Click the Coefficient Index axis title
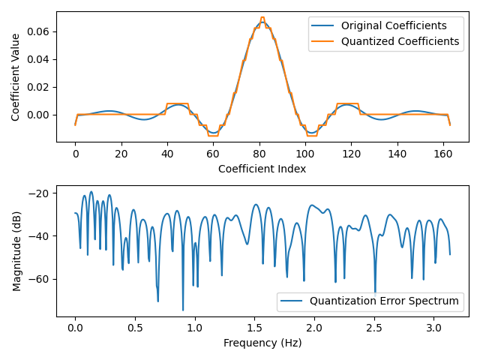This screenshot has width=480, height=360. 262,169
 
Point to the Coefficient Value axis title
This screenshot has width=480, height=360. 16,77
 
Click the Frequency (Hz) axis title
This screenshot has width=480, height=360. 262,343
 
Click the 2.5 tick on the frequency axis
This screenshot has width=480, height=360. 373,328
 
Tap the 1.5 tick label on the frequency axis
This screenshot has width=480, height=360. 254,328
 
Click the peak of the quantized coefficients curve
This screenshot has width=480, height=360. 262,17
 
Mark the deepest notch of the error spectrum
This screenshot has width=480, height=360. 183,310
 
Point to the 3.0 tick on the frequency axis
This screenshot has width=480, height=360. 433,328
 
